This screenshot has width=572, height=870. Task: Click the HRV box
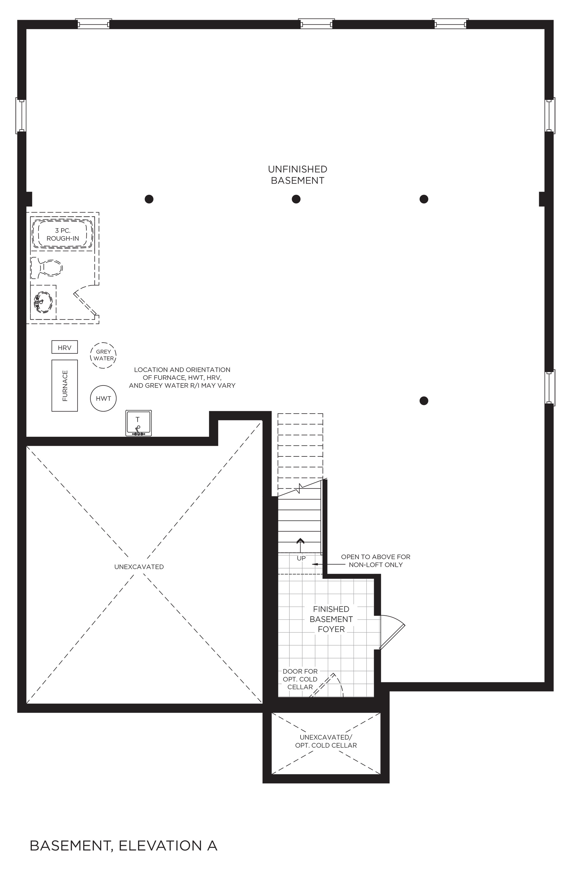64,347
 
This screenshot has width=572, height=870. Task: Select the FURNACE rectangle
64,385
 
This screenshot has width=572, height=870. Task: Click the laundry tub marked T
138,423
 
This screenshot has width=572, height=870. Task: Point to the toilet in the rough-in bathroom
47,268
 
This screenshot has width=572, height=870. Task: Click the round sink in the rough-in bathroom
43,302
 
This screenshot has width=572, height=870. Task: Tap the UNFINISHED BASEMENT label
297,175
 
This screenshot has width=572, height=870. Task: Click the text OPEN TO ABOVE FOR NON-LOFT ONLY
376,561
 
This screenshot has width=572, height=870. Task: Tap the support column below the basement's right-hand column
424,401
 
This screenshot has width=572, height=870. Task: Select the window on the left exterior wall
21,116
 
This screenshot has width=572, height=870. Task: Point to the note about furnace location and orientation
182,378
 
